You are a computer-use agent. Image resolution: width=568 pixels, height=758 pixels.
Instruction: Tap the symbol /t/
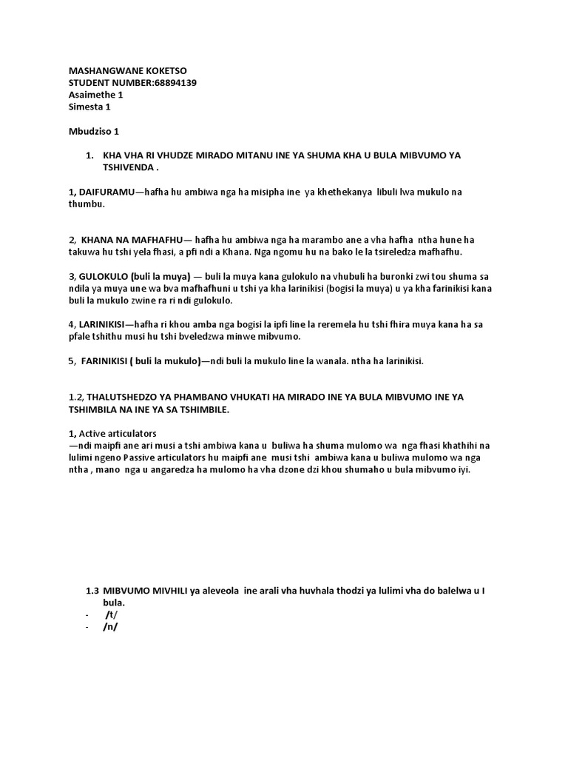(x=111, y=614)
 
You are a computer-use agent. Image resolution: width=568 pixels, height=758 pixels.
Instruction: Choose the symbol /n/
(x=111, y=626)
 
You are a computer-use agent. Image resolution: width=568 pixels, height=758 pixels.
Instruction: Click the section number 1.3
(x=92, y=590)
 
